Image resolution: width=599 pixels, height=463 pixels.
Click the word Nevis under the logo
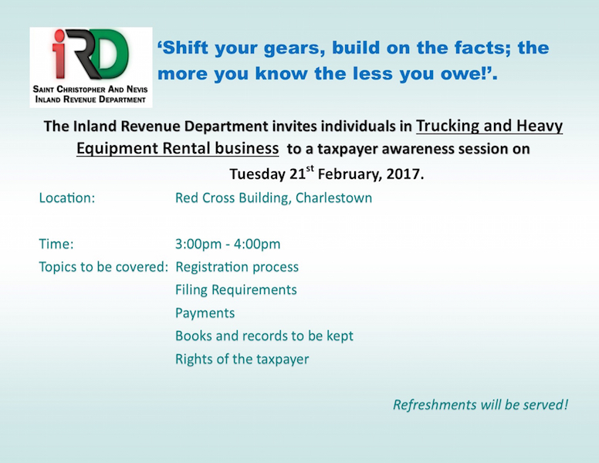pyautogui.click(x=137, y=90)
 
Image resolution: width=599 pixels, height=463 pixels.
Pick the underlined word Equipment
pyautogui.click(x=117, y=149)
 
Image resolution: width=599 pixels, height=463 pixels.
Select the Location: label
pyautogui.click(x=67, y=198)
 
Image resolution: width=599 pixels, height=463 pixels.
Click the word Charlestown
pyautogui.click(x=333, y=198)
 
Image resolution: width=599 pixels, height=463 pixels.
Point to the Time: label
pyautogui.click(x=56, y=244)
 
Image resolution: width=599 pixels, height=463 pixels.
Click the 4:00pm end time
pyautogui.click(x=257, y=245)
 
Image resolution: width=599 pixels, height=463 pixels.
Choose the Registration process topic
pyautogui.click(x=237, y=267)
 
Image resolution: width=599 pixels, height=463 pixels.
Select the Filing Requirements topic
pyautogui.click(x=236, y=290)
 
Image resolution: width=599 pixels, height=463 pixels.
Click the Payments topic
pyautogui.click(x=205, y=313)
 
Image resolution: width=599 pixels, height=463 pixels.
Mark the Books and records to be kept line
pyautogui.click(x=264, y=336)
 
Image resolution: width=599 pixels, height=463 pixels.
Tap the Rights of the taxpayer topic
pyautogui.click(x=242, y=359)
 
